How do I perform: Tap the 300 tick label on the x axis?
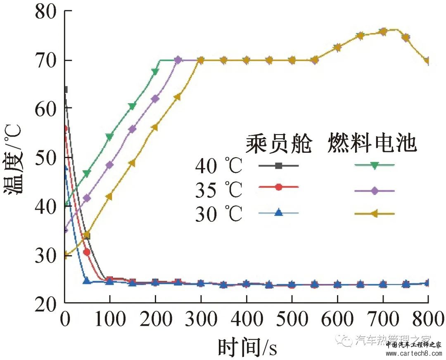[x=201, y=319]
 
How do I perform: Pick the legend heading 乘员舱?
[x=279, y=144]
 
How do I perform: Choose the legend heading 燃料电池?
[x=372, y=144]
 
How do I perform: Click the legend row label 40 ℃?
[x=218, y=166]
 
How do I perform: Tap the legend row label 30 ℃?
[x=218, y=214]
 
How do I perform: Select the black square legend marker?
[x=279, y=166]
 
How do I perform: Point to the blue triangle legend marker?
[x=279, y=213]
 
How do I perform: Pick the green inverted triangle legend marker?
[x=374, y=165]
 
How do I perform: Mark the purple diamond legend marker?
[x=374, y=191]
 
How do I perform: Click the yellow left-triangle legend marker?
[x=374, y=214]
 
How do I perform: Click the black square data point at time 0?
[x=65, y=90]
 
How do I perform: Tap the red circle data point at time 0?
[x=65, y=129]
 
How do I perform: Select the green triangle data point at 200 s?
[x=155, y=72]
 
